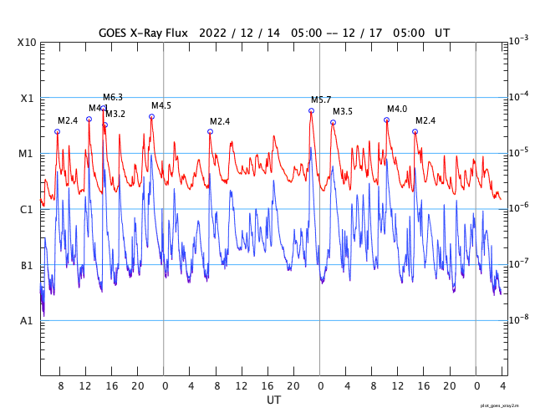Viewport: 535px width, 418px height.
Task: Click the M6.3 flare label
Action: [x=113, y=98]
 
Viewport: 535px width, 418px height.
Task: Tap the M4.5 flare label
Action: [x=161, y=106]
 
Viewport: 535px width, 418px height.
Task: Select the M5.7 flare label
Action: [x=321, y=100]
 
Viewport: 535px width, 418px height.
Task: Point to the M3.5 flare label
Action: [x=343, y=112]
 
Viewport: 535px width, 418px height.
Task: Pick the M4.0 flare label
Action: [x=397, y=110]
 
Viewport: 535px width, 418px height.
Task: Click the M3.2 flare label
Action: [x=115, y=114]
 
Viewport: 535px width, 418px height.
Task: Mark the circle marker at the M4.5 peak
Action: [x=151, y=116]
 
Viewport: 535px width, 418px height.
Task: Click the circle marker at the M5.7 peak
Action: [x=311, y=110]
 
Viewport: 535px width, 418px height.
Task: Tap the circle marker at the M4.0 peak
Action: [x=386, y=120]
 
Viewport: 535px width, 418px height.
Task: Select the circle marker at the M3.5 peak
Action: [x=333, y=122]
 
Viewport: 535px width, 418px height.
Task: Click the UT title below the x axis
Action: [x=273, y=400]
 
